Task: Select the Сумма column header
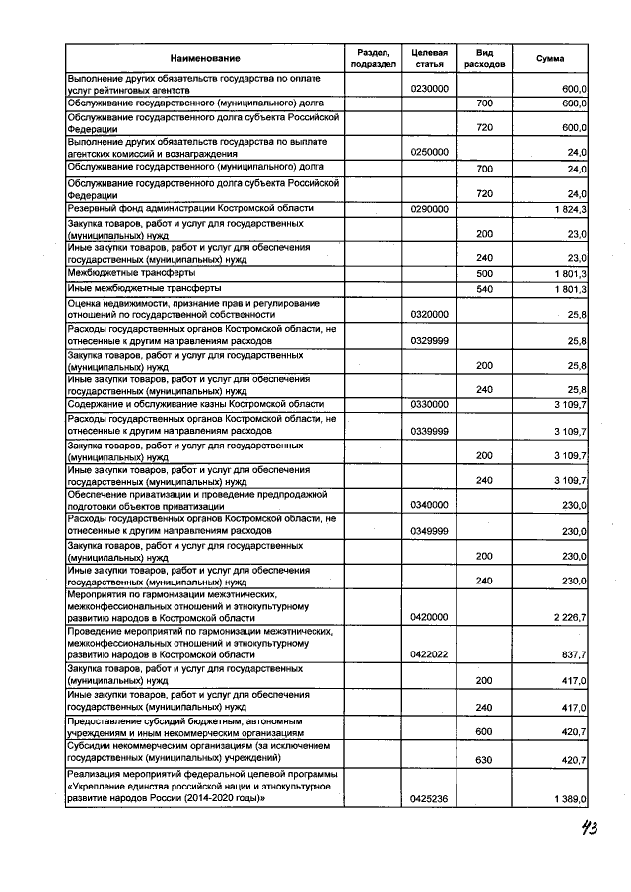(550, 58)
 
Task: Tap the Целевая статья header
(429, 57)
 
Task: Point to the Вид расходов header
(484, 57)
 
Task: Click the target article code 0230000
(429, 89)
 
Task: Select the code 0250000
(429, 152)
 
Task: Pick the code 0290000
(429, 209)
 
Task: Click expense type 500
(484, 272)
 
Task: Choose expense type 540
(484, 288)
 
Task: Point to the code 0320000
(429, 313)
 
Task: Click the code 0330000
(429, 404)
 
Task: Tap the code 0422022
(429, 654)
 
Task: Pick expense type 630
(484, 761)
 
